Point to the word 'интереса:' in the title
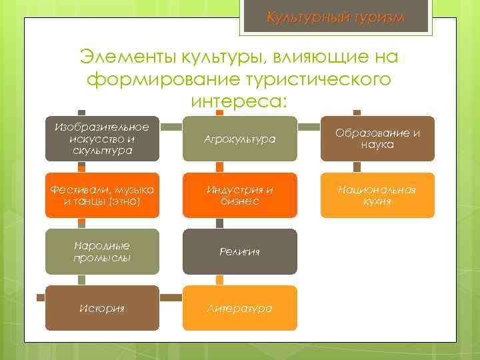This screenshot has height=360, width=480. tap(239, 102)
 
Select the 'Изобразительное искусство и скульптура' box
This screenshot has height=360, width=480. tap(103, 139)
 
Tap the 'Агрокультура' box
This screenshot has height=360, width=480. tap(240, 139)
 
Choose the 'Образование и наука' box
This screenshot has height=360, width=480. tap(377, 139)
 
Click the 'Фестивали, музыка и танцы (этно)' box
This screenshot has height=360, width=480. tap(103, 195)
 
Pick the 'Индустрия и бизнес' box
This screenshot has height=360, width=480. tap(240, 195)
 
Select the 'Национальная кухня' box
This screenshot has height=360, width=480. tap(377, 195)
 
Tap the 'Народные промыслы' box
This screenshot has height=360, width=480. tap(103, 251)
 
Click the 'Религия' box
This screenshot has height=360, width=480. tap(240, 251)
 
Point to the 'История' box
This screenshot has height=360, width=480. tap(103, 308)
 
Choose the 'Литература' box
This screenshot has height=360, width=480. tap(240, 308)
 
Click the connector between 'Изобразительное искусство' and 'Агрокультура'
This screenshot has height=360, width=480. tap(171, 125)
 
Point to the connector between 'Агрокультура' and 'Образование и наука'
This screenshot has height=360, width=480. tap(309, 125)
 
